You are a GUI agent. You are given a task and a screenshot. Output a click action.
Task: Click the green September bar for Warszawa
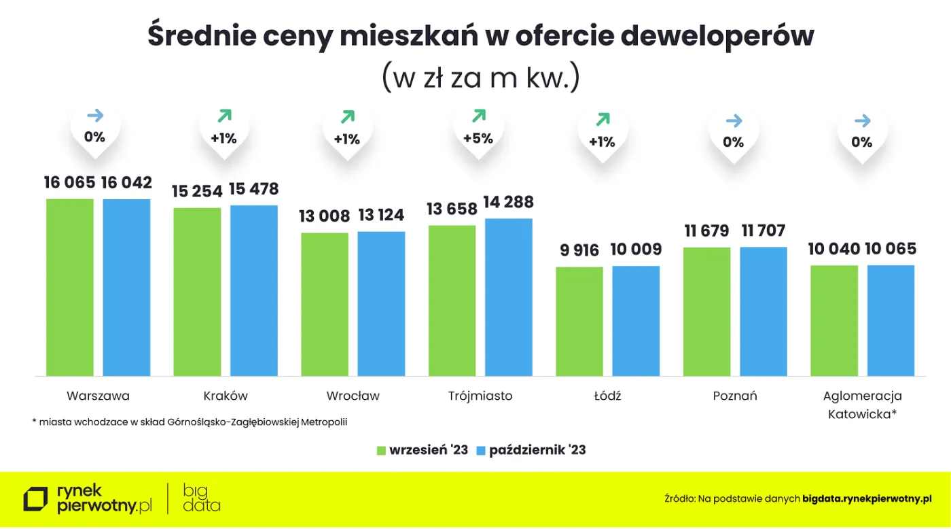(x=70, y=287)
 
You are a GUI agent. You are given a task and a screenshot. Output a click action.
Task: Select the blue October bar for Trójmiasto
(x=509, y=297)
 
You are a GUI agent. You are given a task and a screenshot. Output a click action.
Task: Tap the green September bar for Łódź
(x=579, y=321)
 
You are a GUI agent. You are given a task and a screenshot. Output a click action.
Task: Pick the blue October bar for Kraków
(x=254, y=290)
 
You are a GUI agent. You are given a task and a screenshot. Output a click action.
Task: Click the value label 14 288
(x=508, y=202)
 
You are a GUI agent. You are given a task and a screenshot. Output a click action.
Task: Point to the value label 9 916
(x=579, y=250)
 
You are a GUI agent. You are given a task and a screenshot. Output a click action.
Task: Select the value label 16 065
(x=70, y=182)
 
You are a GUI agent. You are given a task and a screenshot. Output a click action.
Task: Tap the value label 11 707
(x=764, y=231)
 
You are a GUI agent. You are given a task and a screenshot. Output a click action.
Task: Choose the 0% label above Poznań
(x=734, y=142)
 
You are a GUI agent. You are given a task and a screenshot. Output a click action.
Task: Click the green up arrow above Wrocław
(x=347, y=117)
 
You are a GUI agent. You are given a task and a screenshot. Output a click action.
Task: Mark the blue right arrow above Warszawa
(x=95, y=116)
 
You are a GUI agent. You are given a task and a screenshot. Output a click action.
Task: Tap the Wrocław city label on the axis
(x=353, y=396)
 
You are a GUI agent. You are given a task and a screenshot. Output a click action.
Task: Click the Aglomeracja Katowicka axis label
(x=862, y=405)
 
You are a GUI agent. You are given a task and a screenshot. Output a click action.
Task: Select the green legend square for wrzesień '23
(x=382, y=450)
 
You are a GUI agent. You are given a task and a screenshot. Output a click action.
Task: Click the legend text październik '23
(x=537, y=450)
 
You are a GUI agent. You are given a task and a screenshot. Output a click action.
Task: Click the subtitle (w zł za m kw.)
(x=480, y=78)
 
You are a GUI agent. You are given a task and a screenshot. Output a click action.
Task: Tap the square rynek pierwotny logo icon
(x=35, y=498)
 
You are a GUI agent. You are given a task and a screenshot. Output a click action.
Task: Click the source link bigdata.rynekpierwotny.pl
(x=867, y=499)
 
